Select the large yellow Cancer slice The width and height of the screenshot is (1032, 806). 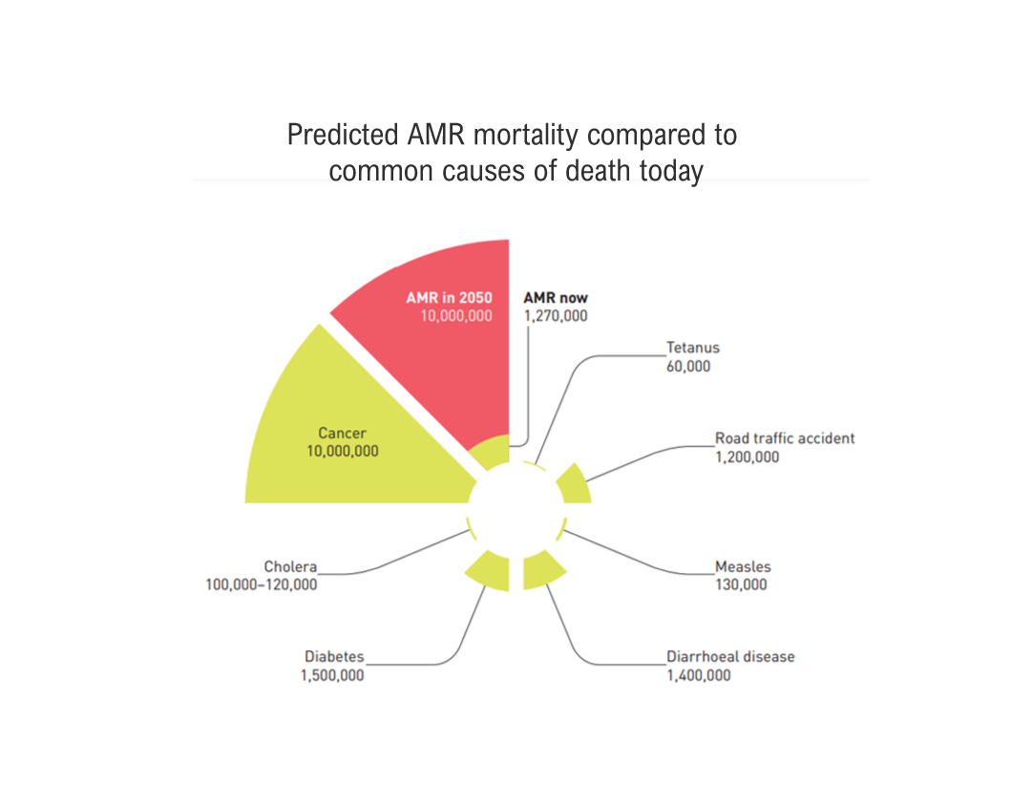[x=348, y=435]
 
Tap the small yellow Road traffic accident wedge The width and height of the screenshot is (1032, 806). [x=575, y=485]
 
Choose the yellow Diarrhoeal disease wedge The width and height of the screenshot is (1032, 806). [x=541, y=569]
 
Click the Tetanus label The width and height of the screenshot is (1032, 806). [x=692, y=348]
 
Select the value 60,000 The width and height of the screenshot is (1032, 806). [x=688, y=366]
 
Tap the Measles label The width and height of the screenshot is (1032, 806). [x=743, y=566]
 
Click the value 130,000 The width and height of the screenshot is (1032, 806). [x=741, y=584]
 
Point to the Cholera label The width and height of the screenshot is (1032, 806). [x=290, y=566]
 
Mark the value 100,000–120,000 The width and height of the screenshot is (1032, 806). [x=262, y=584]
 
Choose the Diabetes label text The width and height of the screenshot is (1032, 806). [x=334, y=656]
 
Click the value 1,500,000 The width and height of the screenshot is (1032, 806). [x=332, y=675]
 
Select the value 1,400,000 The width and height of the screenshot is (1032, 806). [x=698, y=675]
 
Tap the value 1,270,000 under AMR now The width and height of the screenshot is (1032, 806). [x=556, y=316]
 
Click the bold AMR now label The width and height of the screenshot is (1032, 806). [x=556, y=298]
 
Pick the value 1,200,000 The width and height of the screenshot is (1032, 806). [x=747, y=457]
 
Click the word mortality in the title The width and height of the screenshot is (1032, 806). [x=526, y=136]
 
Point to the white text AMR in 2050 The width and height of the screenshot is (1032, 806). [x=449, y=298]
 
